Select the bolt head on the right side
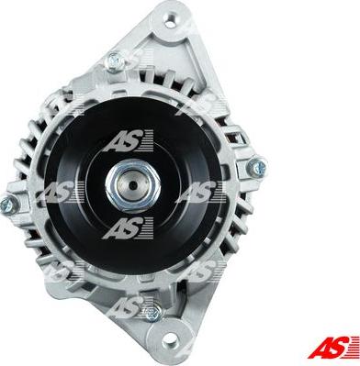pyautogui.click(x=256, y=168)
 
